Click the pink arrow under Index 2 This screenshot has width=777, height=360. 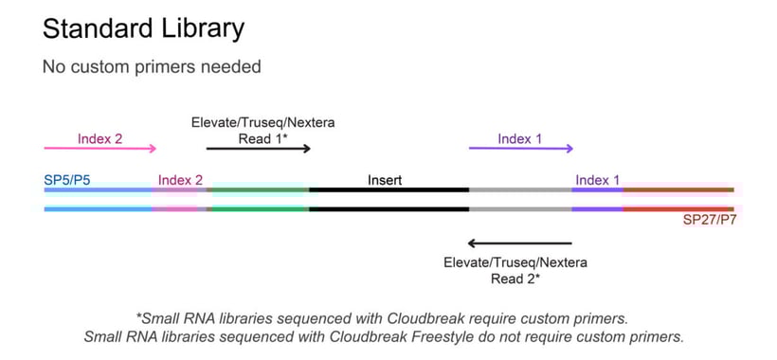point(100,148)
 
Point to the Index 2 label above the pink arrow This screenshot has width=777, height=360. point(100,138)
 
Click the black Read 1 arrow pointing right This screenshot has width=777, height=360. point(258,148)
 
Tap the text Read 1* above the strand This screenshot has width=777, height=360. point(263,138)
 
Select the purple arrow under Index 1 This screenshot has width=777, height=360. point(520,148)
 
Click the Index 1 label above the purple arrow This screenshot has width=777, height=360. point(520,138)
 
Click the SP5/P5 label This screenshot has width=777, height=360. point(67,179)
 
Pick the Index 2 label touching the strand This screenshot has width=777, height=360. point(180,180)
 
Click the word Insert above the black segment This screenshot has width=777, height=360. point(386,179)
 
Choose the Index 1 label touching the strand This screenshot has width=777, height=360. point(598,180)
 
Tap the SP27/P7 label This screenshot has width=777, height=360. point(708,219)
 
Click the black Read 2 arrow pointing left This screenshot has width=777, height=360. point(520,243)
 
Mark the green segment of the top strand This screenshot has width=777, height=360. point(258,189)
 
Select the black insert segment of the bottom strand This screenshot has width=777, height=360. point(388,207)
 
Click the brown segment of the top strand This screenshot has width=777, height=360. point(678,189)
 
